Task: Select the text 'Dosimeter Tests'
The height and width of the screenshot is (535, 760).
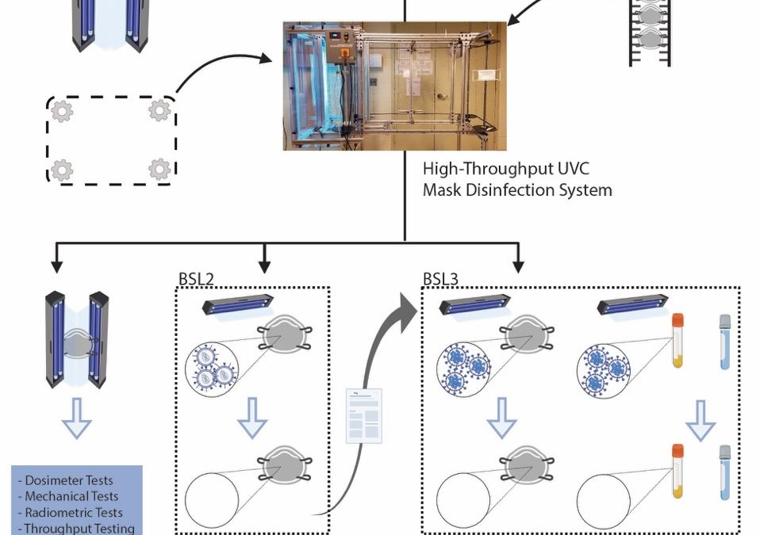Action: pos(68,480)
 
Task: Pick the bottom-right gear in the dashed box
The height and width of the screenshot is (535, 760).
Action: pos(159,169)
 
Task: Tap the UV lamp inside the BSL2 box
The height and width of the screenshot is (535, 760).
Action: pos(239,304)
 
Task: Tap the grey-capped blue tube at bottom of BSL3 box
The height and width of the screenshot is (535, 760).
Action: pos(724,476)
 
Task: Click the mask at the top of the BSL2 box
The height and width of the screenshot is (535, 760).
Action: pos(283,337)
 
